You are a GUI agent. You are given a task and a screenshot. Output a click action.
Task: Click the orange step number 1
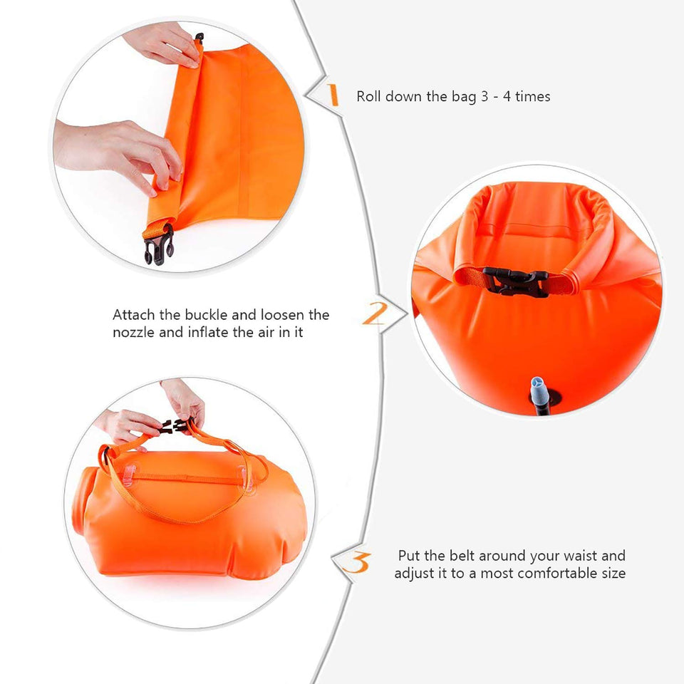[333, 95]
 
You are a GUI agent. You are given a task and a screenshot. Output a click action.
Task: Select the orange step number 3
[356, 562]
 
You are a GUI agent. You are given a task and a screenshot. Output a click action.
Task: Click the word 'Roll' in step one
[368, 96]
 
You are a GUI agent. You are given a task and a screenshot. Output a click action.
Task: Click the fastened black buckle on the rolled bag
[516, 281]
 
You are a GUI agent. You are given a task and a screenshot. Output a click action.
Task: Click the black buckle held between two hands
[177, 425]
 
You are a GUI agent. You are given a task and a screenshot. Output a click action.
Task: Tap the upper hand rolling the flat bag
[164, 43]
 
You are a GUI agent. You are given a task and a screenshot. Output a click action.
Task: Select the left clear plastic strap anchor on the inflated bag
[129, 475]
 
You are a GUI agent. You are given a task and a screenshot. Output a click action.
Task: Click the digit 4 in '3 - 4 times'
[507, 96]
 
